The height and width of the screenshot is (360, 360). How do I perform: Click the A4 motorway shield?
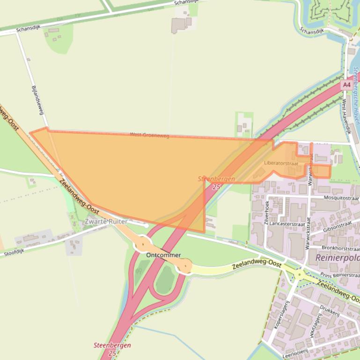346,85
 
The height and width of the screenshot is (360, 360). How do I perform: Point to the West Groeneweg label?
149,136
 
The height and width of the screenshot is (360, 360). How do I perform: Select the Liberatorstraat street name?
281,163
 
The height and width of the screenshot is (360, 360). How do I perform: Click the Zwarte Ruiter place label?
106,221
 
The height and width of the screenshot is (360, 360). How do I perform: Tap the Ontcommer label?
163,255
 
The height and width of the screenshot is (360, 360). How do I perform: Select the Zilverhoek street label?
266,211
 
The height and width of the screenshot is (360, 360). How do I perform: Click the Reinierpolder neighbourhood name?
337,258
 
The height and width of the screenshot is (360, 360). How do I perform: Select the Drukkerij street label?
328,312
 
